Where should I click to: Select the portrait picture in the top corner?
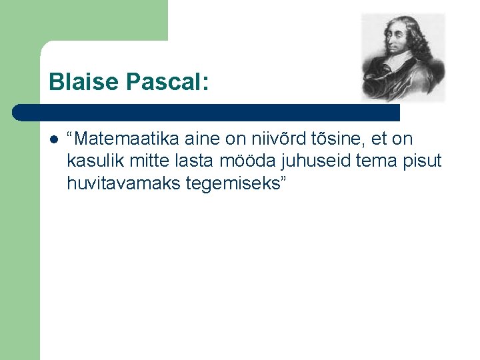pos(403,57)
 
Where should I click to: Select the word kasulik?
pos(91,161)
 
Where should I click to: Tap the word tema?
pos(363,161)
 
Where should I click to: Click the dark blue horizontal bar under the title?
pos(207,112)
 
